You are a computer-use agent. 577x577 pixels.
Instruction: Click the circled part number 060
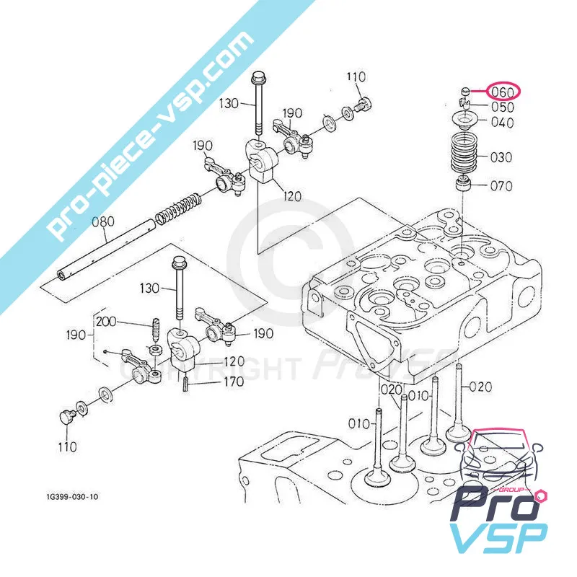(x=502, y=92)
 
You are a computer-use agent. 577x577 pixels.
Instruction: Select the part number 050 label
(x=503, y=107)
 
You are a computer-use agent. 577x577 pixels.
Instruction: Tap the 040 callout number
(x=502, y=123)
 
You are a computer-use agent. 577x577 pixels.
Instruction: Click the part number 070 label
(x=501, y=186)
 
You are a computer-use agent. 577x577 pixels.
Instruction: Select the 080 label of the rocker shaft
(x=103, y=223)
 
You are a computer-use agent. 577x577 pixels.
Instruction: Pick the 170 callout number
(x=232, y=382)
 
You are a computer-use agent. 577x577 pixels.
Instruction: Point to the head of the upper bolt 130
(x=257, y=79)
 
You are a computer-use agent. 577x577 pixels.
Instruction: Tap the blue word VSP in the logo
(x=498, y=538)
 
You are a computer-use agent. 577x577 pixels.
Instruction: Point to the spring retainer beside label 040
(x=465, y=120)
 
